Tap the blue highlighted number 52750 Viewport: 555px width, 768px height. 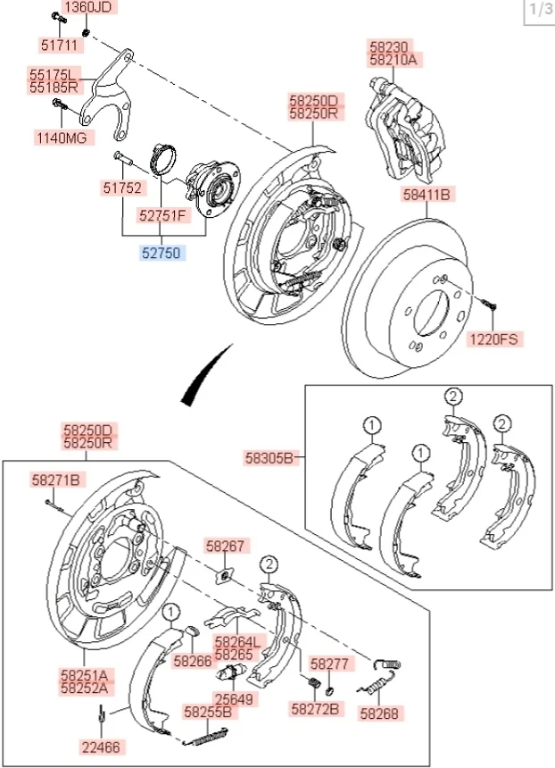tap(162, 254)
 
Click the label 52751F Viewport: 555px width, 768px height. tap(162, 214)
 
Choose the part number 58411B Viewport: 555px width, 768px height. tap(427, 192)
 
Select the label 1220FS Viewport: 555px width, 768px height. tap(493, 338)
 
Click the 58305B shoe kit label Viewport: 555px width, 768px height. tap(269, 458)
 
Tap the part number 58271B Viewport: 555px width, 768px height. tap(57, 480)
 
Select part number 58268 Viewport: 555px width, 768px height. tap(380, 714)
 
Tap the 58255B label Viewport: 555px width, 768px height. tap(208, 712)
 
